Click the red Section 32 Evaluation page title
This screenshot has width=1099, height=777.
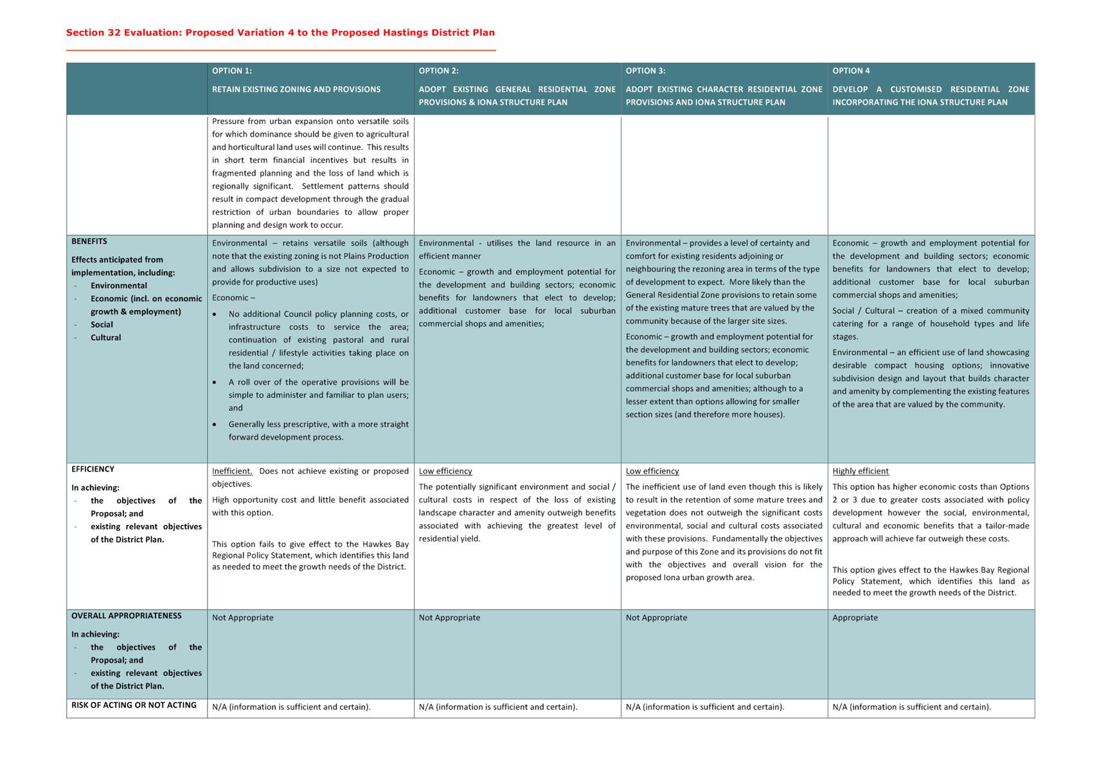coord(280,33)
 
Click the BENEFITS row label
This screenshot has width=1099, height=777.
coord(89,242)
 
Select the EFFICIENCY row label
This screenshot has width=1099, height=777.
coord(93,470)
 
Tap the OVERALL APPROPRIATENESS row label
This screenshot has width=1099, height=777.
coord(127,616)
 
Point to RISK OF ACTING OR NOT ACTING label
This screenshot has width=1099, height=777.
coord(134,705)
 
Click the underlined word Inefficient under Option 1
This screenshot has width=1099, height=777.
coord(232,471)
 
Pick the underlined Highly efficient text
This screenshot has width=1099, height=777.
coord(861,471)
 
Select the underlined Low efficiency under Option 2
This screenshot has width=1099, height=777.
coord(445,471)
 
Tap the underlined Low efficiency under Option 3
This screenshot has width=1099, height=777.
coord(652,471)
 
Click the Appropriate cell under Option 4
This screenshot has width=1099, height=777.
coord(855,618)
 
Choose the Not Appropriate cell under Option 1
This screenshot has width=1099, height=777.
coord(243,618)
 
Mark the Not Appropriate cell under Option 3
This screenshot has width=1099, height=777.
coord(656,618)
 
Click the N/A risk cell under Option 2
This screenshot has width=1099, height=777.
coord(498,707)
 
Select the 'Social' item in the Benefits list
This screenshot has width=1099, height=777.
coord(102,325)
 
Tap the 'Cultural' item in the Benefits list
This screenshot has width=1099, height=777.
coord(105,338)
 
